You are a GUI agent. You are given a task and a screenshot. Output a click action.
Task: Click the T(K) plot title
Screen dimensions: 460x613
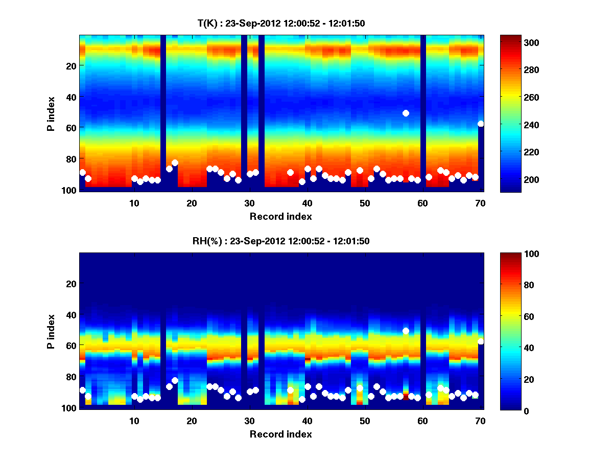(280, 23)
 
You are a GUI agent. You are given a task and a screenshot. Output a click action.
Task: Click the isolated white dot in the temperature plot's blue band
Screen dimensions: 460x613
(406, 113)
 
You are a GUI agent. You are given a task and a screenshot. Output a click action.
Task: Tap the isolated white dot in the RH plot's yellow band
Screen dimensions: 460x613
(406, 331)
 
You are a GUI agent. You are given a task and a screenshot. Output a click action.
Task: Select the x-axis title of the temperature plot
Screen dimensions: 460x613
(280, 216)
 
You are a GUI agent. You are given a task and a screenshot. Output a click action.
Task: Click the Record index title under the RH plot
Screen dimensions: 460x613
(280, 434)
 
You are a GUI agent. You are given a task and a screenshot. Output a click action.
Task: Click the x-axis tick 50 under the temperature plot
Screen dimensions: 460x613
(365, 203)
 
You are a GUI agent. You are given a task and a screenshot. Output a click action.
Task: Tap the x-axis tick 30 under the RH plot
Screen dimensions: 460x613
(249, 421)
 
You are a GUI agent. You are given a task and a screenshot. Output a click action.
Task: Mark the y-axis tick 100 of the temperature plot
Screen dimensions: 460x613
(70, 190)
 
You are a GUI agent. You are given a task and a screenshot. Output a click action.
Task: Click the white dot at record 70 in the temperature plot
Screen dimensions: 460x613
(480, 124)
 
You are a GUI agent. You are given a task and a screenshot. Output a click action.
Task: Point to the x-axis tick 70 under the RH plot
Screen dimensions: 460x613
(480, 421)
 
